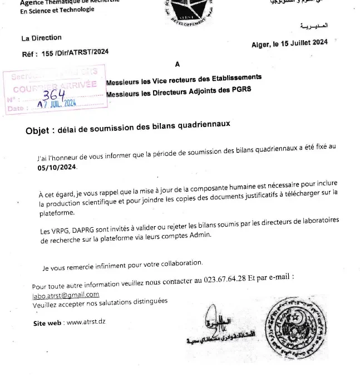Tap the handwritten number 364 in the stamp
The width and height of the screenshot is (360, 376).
tap(54, 95)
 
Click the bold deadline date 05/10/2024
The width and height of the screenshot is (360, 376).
tap(58, 167)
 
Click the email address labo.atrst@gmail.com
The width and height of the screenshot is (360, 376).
tap(66, 295)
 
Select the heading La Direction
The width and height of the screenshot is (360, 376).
tap(41, 38)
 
